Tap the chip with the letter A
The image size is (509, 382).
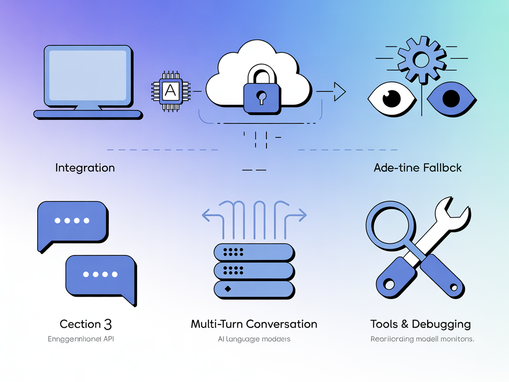pos(171,91)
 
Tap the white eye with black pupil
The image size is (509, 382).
pos(391,98)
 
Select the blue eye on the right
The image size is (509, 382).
pos(451,98)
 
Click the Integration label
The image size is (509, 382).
pos(85,168)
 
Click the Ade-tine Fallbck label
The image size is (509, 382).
pos(418,168)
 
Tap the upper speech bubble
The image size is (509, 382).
pos(72,221)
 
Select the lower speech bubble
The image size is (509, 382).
pos(101,275)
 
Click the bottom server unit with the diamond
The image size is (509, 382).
pos(254,289)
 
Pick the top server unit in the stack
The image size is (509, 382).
pos(254,252)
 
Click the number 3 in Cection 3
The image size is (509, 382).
pos(108,324)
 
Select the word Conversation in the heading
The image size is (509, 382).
pos(281,324)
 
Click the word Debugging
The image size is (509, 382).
pos(441,325)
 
